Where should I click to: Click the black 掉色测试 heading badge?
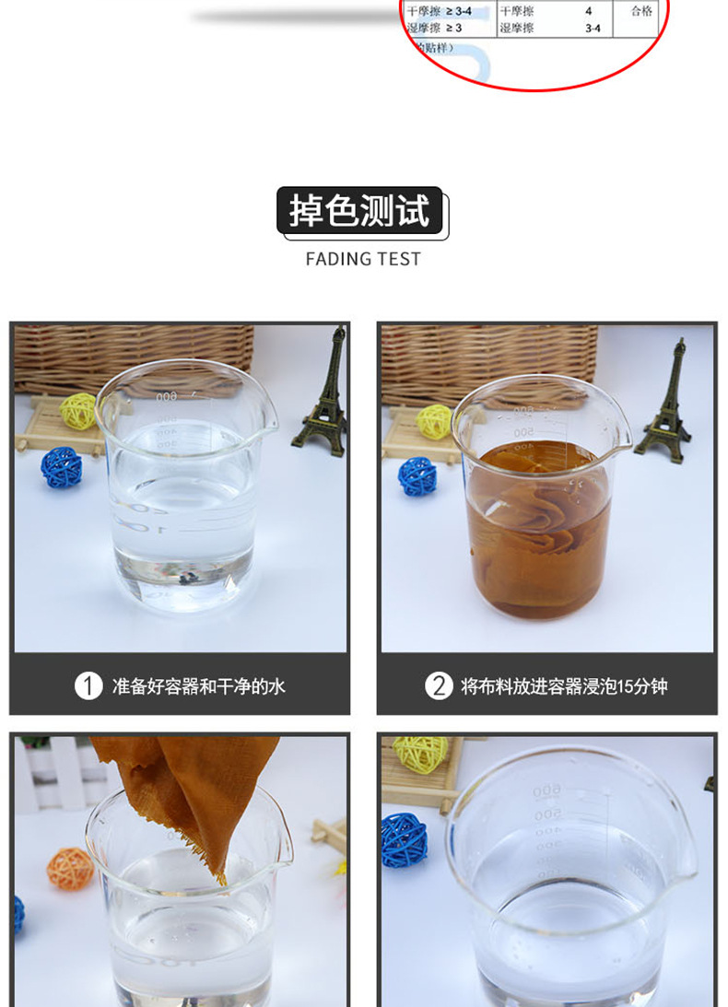360,211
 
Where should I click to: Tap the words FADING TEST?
363,260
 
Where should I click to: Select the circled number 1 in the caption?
88,686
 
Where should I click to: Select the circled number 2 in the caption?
438,686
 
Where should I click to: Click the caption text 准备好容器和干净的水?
198,686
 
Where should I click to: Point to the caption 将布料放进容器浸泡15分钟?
563,686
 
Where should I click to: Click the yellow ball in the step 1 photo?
78,411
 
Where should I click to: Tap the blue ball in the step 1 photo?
62,467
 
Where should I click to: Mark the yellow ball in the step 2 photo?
434,421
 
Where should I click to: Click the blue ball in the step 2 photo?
417,476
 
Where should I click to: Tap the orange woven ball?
70,869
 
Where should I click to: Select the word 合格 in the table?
641,12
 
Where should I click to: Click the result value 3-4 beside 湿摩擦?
593,29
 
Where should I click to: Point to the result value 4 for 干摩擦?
589,12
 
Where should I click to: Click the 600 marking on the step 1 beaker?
166,397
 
